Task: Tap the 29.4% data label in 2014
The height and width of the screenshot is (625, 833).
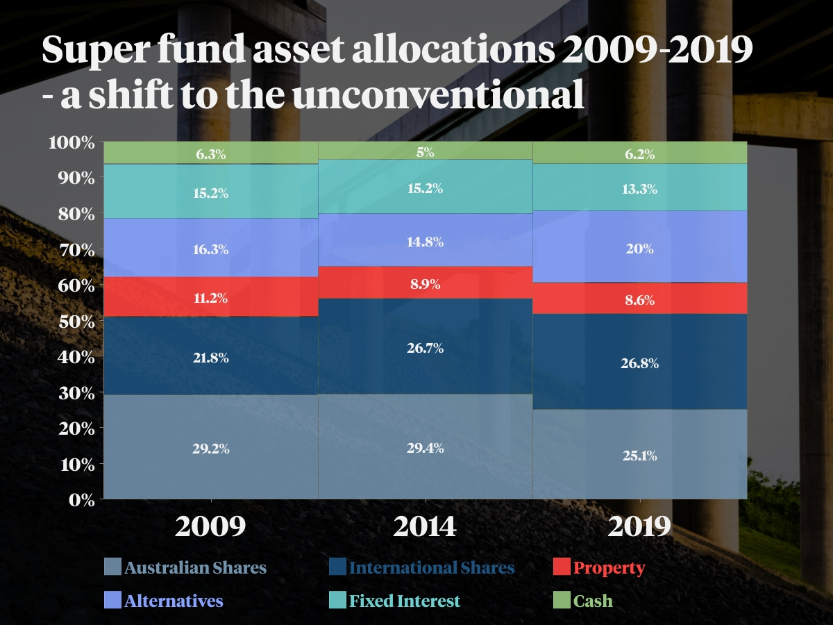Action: tap(425, 448)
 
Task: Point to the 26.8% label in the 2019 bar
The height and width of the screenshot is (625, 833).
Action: tap(639, 363)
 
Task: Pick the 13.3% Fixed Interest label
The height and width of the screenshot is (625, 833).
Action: tap(639, 189)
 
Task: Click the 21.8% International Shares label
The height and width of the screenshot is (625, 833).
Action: tap(211, 358)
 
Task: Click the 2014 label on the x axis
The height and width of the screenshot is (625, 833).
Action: tap(425, 527)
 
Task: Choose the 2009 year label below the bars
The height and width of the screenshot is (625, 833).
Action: tap(211, 527)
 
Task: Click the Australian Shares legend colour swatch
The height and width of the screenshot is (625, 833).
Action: tap(112, 567)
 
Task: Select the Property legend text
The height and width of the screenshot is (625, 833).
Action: tap(609, 567)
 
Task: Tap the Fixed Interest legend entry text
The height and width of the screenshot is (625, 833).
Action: tap(405, 601)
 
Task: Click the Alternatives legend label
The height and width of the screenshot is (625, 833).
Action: tap(174, 601)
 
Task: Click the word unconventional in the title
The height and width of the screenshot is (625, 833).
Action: tap(437, 96)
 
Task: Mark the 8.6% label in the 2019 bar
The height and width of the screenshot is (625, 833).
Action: tap(639, 301)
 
